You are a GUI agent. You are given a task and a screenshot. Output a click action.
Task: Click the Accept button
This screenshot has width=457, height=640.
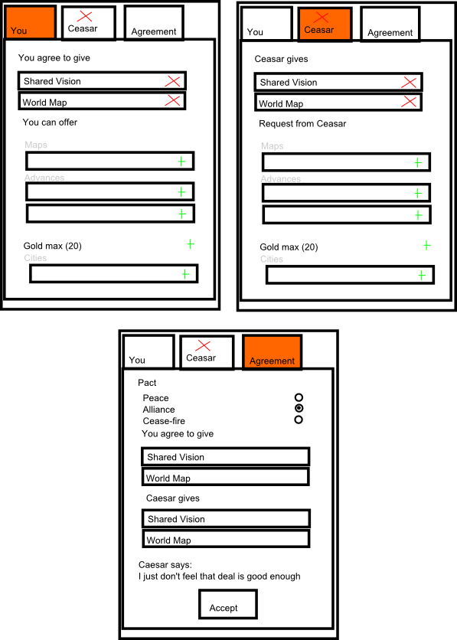pos(228,604)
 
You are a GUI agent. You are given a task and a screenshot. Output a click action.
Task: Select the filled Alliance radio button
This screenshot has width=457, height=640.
pos(299,408)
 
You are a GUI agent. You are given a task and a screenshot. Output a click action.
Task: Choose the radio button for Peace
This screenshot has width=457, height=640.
pos(299,397)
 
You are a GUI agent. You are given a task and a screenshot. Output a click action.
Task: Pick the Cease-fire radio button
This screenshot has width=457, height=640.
pos(299,420)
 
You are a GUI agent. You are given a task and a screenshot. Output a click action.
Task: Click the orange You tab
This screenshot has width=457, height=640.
pos(31,23)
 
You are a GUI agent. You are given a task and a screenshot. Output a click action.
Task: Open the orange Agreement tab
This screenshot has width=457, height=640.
pos(273,352)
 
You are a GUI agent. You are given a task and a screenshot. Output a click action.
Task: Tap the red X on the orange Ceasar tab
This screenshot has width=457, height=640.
pos(321,17)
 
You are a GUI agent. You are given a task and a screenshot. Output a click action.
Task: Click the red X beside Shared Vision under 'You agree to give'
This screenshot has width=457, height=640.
pos(172,81)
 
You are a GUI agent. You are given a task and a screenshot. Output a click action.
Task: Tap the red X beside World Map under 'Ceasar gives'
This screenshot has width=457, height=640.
pos(409,101)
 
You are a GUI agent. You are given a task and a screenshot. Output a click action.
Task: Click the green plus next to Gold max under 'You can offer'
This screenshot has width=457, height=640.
pos(191,244)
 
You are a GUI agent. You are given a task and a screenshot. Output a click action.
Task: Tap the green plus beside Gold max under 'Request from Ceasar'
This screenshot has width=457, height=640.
pos(427,245)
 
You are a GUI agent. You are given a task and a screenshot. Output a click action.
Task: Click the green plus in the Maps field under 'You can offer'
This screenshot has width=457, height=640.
pos(181,162)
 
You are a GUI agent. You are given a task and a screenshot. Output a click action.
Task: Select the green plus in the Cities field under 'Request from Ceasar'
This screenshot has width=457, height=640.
pos(422,276)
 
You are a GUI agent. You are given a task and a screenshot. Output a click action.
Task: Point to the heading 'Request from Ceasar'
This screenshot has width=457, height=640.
pos(302,124)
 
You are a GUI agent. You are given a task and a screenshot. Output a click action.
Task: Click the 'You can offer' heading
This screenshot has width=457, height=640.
pos(50,122)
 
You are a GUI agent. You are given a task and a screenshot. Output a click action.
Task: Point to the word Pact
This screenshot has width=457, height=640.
pos(147,383)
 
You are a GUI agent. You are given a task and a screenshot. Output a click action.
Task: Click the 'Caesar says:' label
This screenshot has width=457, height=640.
pos(165,565)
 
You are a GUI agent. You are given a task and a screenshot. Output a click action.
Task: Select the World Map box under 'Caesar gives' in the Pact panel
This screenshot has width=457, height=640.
pos(226,539)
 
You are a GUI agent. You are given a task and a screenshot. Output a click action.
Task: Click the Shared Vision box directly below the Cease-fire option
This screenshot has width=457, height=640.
pos(226,456)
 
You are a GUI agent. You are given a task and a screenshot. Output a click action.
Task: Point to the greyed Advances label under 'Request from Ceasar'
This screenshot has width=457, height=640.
pos(281,179)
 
